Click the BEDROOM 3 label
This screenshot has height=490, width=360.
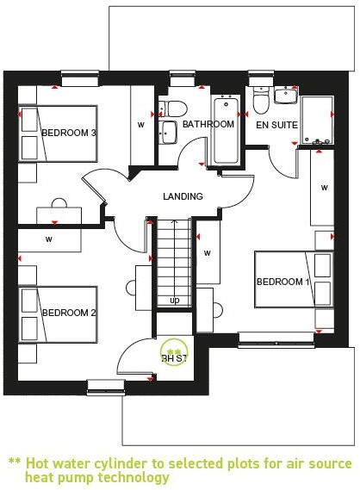pyautogui.click(x=68, y=133)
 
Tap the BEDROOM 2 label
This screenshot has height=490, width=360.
pyautogui.click(x=68, y=313)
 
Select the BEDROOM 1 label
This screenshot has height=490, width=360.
pyautogui.click(x=282, y=282)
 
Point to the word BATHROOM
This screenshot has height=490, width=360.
pyautogui.click(x=208, y=125)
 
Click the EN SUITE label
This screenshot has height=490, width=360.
pyautogui.click(x=276, y=126)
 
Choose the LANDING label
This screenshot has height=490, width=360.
pyautogui.click(x=183, y=196)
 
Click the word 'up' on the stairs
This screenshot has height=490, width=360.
pyautogui.click(x=175, y=301)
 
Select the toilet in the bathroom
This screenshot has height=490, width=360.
pyautogui.click(x=177, y=108)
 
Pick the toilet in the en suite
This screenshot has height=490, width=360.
pyautogui.click(x=260, y=103)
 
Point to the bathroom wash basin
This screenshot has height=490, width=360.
pyautogui.click(x=168, y=132)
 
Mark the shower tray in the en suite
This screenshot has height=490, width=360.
pyautogui.click(x=318, y=121)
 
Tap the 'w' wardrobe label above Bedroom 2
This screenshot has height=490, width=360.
pyautogui.click(x=49, y=239)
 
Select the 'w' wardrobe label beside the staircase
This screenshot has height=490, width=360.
pyautogui.click(x=208, y=253)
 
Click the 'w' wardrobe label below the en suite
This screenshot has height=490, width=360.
pyautogui.click(x=324, y=187)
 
